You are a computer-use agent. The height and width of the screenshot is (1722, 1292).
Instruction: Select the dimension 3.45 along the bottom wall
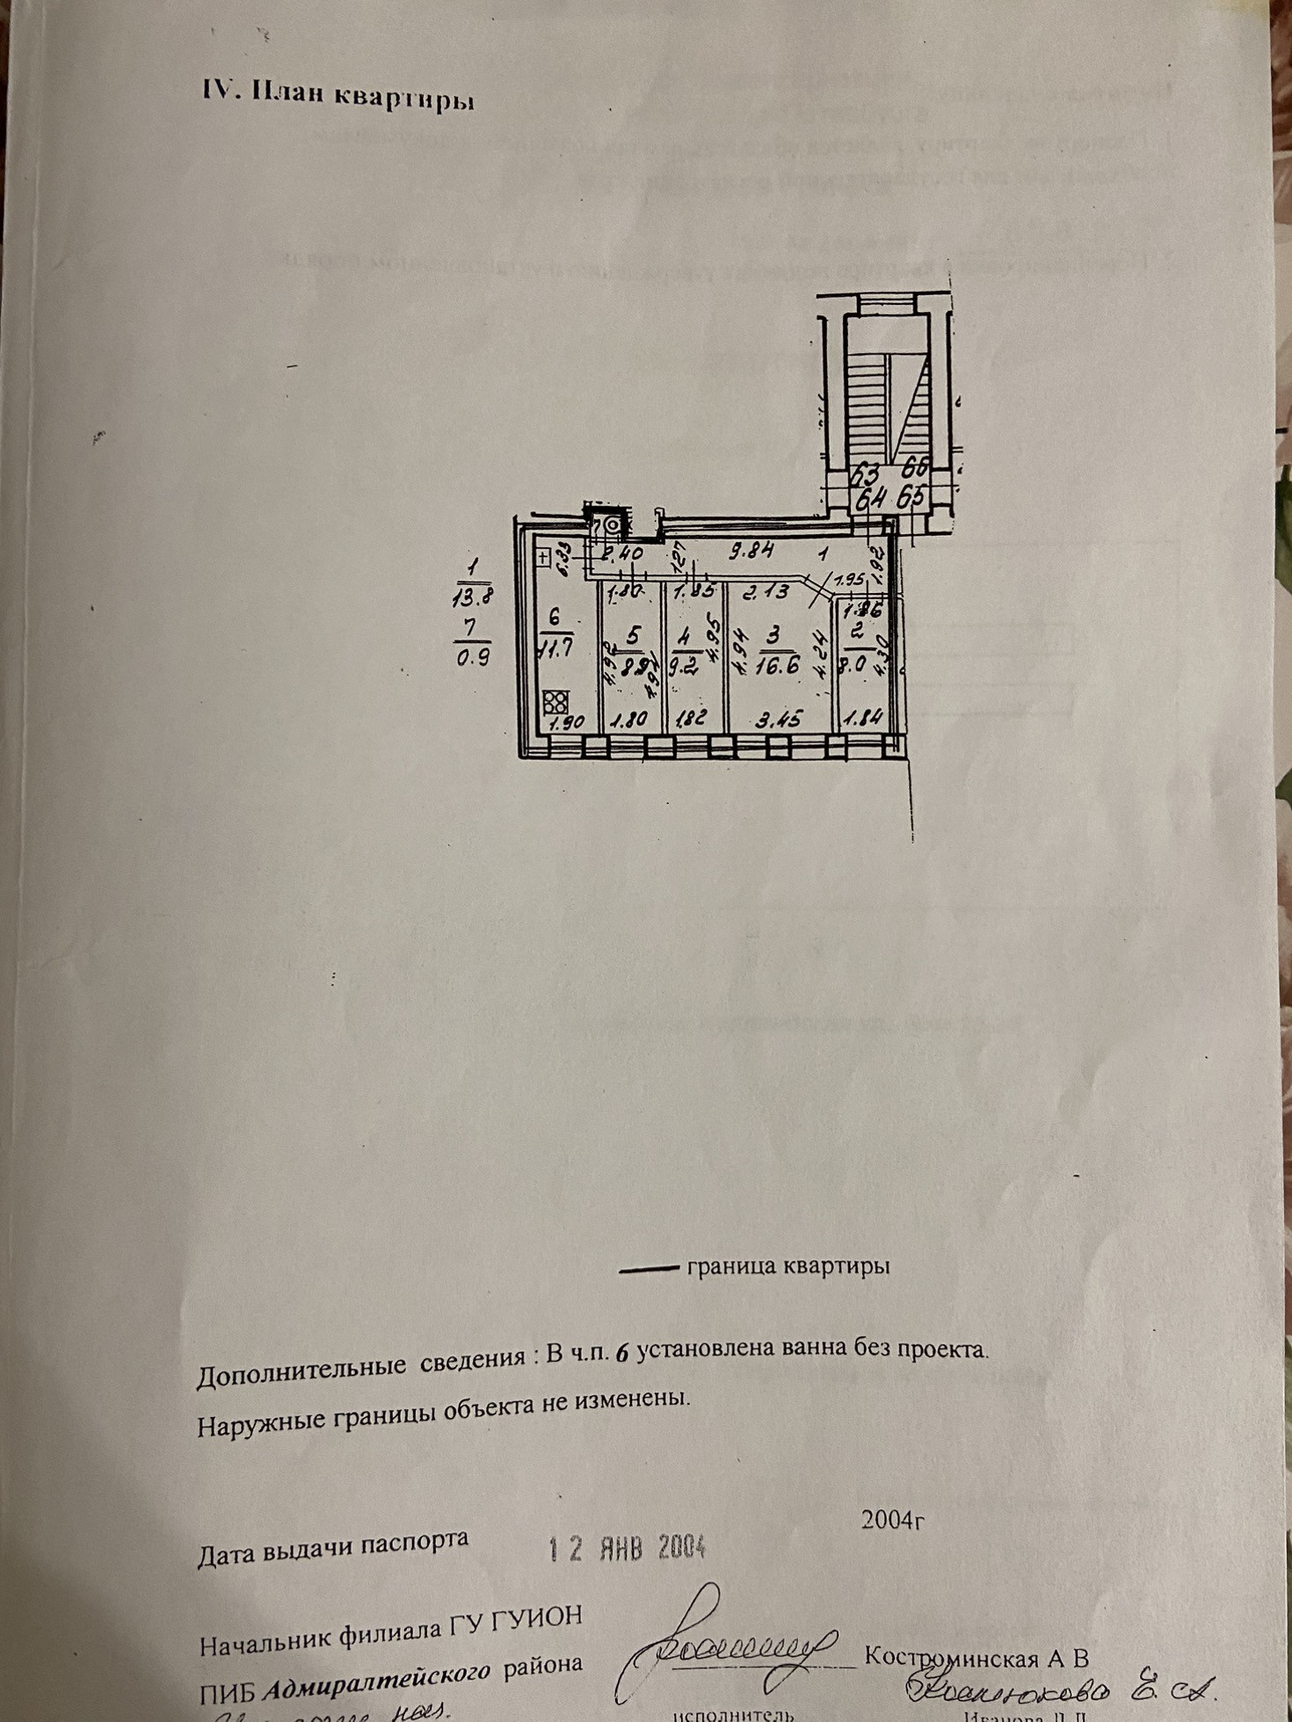(x=778, y=720)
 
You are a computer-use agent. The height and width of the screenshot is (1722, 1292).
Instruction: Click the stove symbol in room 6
(x=555, y=702)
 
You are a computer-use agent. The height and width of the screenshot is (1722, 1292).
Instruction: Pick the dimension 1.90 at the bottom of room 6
(x=566, y=723)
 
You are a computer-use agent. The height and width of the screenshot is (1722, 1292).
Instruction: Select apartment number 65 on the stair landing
(x=914, y=496)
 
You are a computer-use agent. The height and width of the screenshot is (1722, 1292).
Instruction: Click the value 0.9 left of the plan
(x=473, y=655)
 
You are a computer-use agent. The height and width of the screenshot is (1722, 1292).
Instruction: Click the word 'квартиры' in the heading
(x=404, y=97)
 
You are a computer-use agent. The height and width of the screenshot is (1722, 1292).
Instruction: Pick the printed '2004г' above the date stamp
(x=894, y=1519)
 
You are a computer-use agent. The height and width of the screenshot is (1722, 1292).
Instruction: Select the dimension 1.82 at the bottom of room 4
(x=693, y=720)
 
